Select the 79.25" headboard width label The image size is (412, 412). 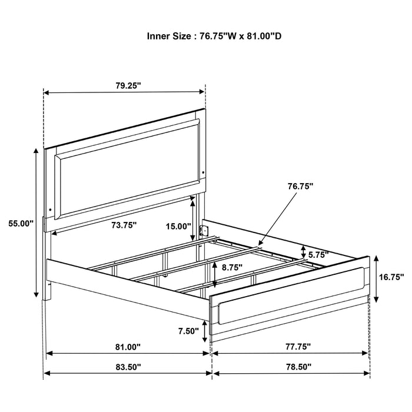(128, 85)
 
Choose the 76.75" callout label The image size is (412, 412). (300, 185)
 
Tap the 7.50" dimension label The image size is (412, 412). (188, 331)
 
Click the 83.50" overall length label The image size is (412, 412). (127, 366)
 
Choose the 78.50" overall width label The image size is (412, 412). (293, 366)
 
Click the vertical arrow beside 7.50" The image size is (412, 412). (204, 331)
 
